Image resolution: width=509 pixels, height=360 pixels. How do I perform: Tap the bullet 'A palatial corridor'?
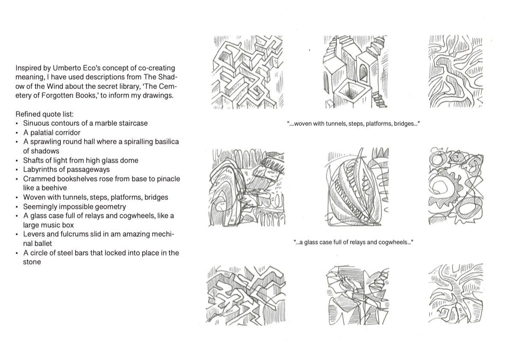point(52,132)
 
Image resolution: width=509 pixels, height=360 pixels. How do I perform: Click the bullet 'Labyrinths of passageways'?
point(66,170)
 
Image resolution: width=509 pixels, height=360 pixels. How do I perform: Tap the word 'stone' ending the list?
point(32,262)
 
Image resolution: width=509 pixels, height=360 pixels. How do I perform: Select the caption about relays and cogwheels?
point(353,242)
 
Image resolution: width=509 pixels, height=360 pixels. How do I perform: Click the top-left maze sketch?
point(248,71)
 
